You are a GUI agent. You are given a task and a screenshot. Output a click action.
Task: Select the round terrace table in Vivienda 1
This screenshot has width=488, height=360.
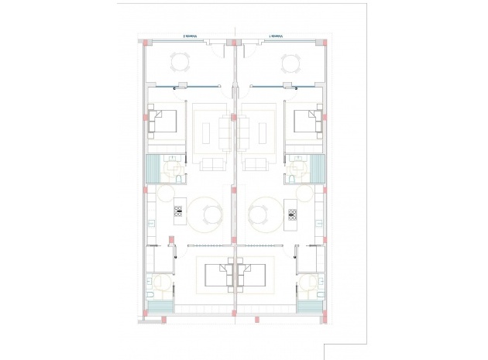click(291, 62)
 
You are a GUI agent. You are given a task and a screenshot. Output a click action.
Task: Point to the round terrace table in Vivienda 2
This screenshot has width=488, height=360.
click(179, 62)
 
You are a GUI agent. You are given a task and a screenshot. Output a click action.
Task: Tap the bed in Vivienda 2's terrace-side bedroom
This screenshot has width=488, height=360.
click(164, 122)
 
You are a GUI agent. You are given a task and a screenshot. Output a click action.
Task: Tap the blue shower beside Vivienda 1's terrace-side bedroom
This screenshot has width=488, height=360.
click(318, 166)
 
